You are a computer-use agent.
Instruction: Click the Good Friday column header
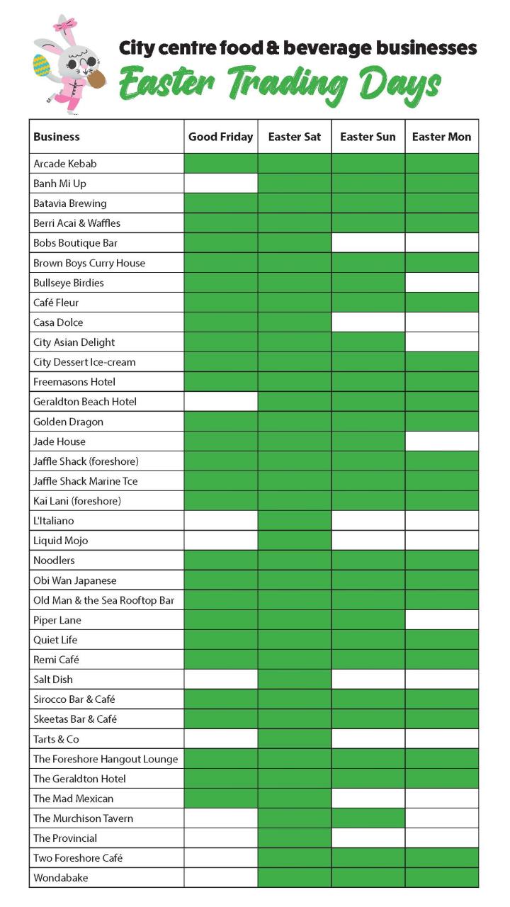click(x=220, y=137)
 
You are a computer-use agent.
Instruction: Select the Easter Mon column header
click(x=441, y=137)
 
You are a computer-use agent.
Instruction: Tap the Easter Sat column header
click(x=294, y=137)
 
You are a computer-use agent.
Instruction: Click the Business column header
click(x=57, y=137)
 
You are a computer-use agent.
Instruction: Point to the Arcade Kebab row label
click(x=64, y=164)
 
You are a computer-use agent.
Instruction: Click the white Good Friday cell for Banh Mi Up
click(x=220, y=184)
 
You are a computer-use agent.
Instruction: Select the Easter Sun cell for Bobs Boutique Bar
click(x=368, y=243)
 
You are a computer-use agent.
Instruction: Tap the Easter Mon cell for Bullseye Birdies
click(x=441, y=283)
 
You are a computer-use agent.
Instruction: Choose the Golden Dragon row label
click(x=68, y=422)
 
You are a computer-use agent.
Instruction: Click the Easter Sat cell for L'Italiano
click(x=294, y=521)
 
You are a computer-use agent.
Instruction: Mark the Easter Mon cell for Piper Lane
click(x=441, y=620)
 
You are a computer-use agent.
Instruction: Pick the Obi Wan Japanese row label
click(x=74, y=580)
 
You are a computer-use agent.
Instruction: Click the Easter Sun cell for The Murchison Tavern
click(x=368, y=818)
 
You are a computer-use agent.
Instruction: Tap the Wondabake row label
click(x=61, y=878)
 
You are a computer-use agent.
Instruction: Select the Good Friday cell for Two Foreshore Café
click(x=220, y=858)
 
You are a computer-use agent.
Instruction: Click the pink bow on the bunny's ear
click(x=69, y=26)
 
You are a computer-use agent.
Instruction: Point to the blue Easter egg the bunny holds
click(x=42, y=66)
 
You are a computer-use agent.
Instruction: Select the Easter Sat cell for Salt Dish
click(x=294, y=680)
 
